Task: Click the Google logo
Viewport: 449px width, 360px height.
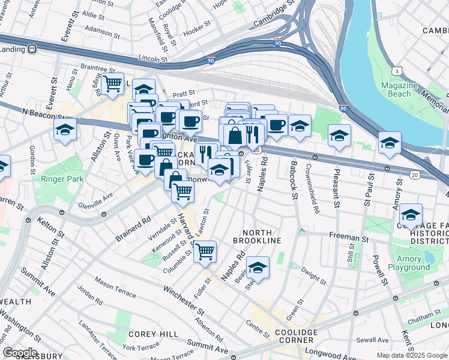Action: (19, 353)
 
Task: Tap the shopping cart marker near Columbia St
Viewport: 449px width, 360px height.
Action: (205, 251)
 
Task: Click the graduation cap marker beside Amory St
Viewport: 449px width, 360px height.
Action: (390, 143)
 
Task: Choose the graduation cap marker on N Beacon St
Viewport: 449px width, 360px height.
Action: (65, 130)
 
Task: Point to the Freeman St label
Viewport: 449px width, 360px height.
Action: (349, 238)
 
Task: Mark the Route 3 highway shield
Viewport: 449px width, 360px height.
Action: (397, 71)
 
